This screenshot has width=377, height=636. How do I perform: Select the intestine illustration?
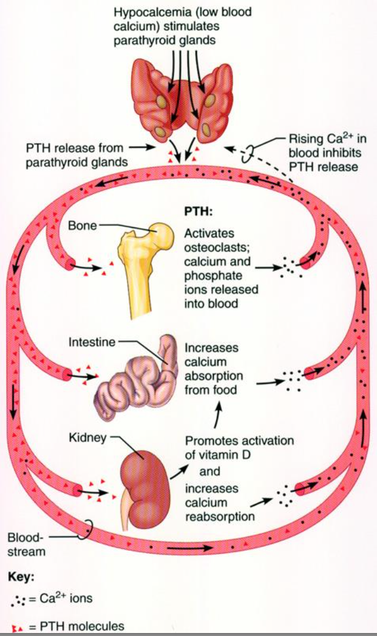(138, 376)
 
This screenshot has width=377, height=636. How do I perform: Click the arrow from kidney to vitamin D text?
(177, 471)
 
